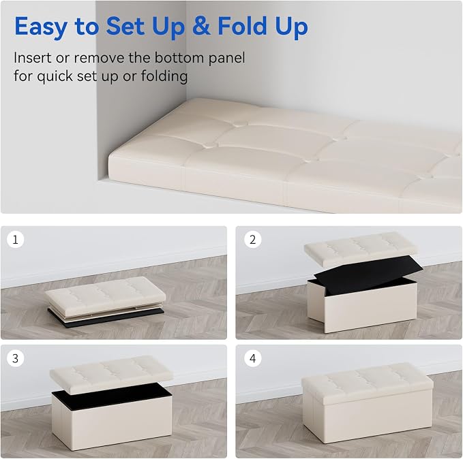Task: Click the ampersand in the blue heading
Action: (201, 27)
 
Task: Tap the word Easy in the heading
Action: (40, 27)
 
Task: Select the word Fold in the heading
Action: (243, 26)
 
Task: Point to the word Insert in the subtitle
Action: (33, 57)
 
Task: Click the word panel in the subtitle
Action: (227, 58)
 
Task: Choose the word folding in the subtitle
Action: (164, 76)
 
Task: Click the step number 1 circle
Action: (16, 239)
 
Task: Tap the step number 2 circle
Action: (253, 239)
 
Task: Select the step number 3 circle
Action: (16, 358)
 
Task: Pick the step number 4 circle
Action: (253, 358)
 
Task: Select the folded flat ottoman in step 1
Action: (106, 301)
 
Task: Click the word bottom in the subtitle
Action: (180, 58)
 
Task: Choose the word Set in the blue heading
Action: (125, 27)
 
